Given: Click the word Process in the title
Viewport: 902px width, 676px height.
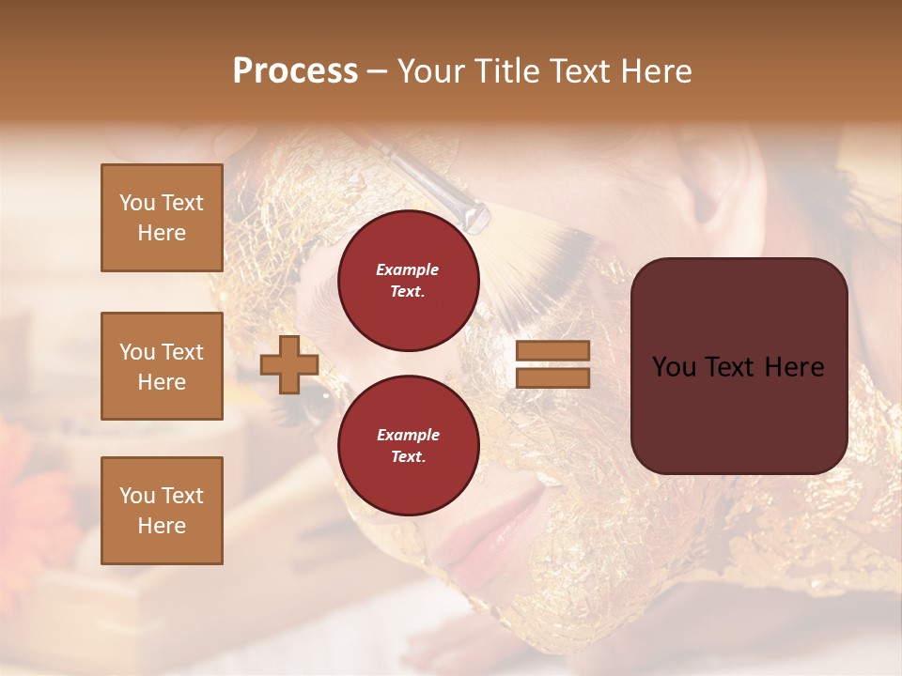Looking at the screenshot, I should click(x=295, y=71).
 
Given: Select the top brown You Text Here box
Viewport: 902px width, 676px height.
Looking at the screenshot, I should click(x=162, y=218).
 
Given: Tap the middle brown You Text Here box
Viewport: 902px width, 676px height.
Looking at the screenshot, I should click(x=162, y=366).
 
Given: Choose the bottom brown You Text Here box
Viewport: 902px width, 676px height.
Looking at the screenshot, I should click(x=162, y=511).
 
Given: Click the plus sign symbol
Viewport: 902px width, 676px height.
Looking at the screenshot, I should click(x=289, y=364).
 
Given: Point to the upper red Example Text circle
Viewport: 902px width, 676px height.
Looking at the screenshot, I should click(x=408, y=281).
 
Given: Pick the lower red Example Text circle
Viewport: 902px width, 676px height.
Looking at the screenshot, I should click(x=408, y=446).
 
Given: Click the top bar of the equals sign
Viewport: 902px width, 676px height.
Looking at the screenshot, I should click(x=552, y=350).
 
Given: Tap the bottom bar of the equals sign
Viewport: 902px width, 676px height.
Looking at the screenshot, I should click(x=552, y=378).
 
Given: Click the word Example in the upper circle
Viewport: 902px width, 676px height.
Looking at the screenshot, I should click(x=408, y=270).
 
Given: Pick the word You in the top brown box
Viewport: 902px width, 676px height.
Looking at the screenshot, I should click(x=137, y=203).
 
